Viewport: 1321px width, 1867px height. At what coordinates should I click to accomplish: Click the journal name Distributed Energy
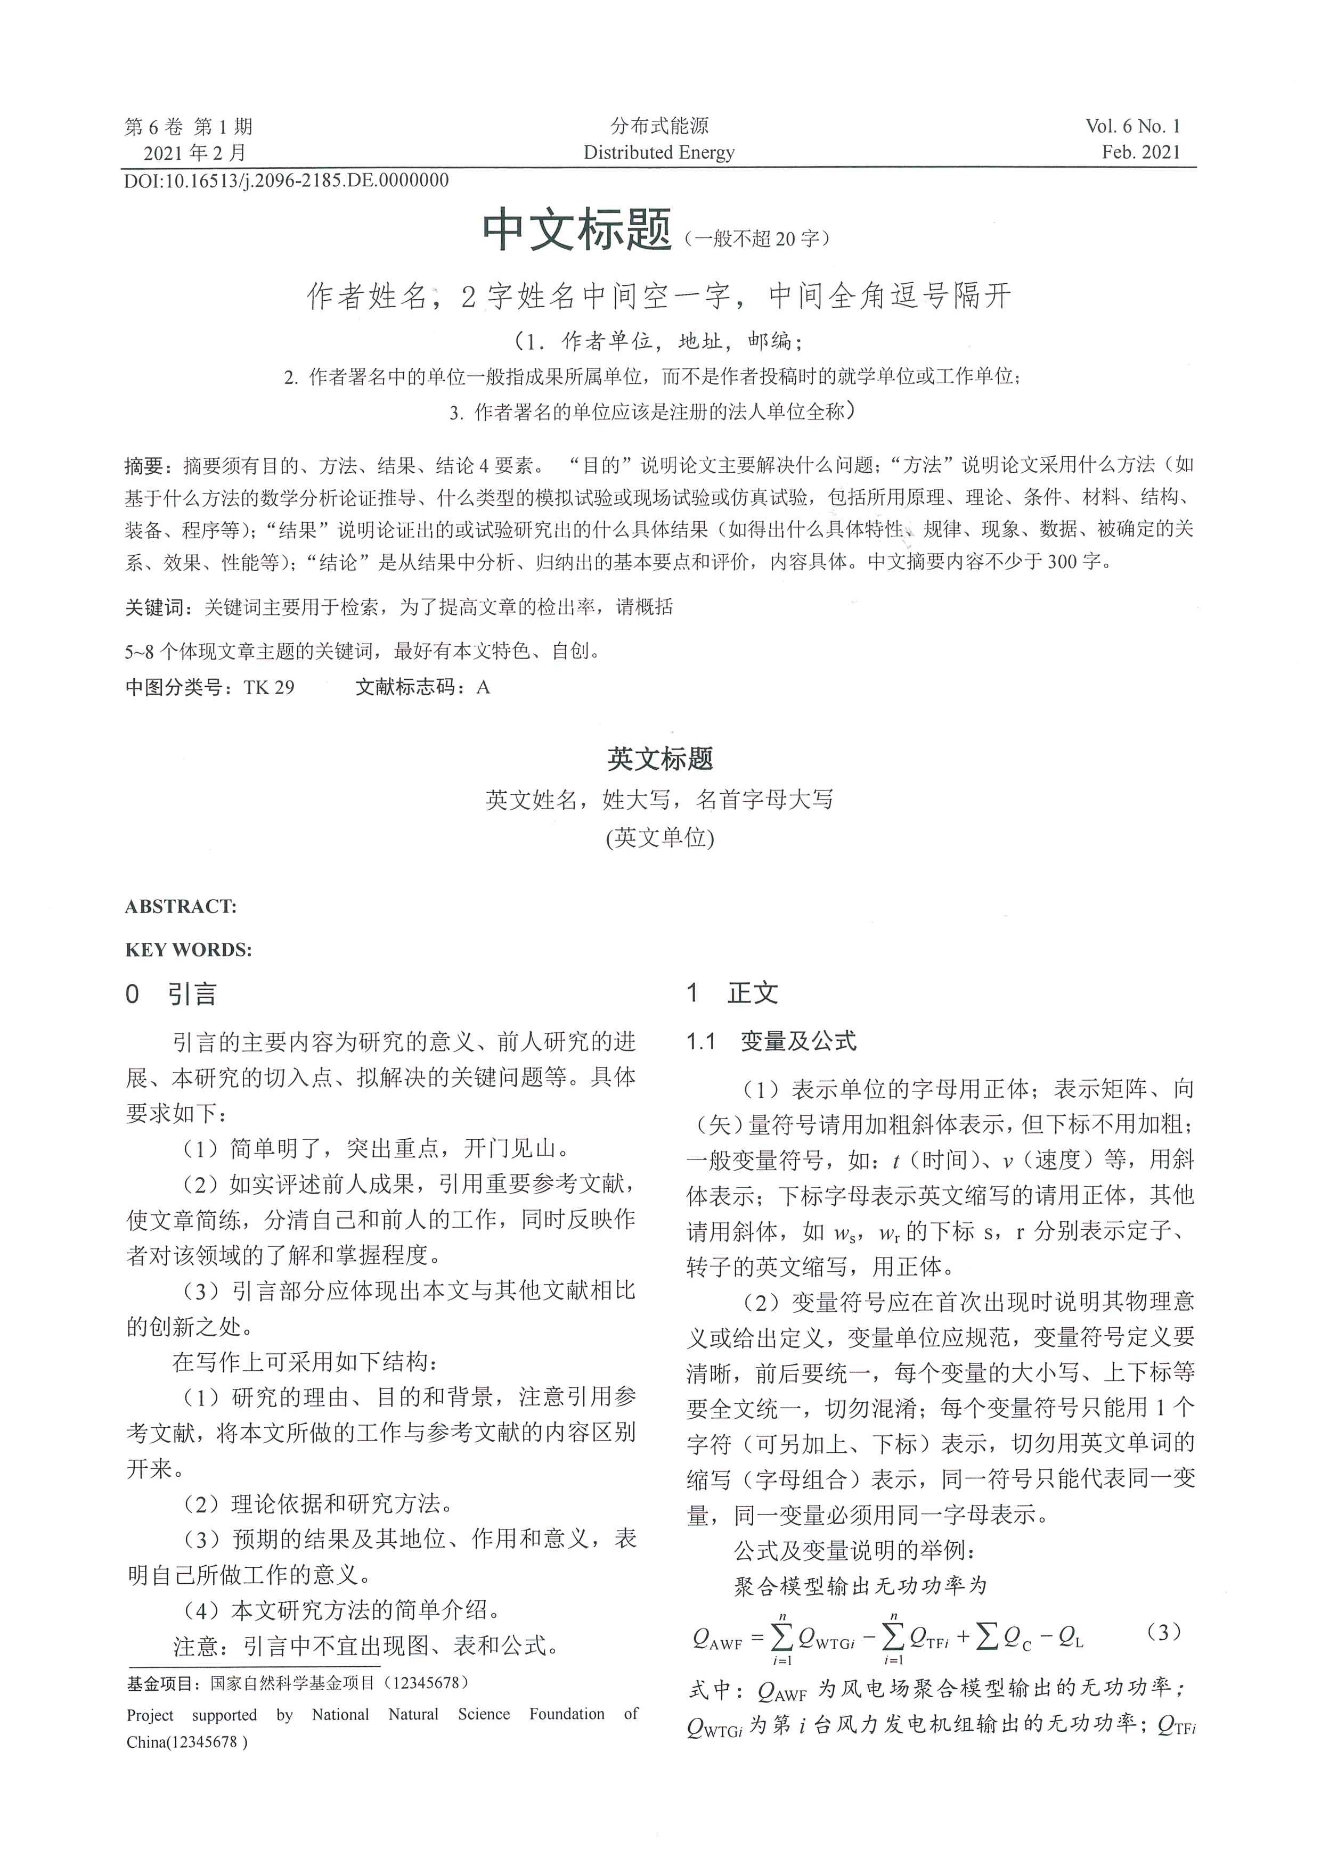pyautogui.click(x=659, y=152)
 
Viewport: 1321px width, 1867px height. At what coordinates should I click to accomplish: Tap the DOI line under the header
pyautogui.click(x=287, y=180)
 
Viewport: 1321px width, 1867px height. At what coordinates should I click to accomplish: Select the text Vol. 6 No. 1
pyautogui.click(x=1132, y=126)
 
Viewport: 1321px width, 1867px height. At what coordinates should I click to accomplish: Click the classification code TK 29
pyautogui.click(x=268, y=687)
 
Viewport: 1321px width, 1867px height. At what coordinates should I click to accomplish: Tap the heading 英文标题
pyautogui.click(x=659, y=759)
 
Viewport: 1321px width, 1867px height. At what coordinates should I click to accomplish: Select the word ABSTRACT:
pyautogui.click(x=181, y=907)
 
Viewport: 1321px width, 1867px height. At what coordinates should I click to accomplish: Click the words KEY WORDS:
pyautogui.click(x=189, y=950)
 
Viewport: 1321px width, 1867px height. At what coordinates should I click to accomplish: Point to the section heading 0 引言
pyautogui.click(x=171, y=994)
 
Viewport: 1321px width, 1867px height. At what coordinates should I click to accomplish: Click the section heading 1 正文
pyautogui.click(x=732, y=993)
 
